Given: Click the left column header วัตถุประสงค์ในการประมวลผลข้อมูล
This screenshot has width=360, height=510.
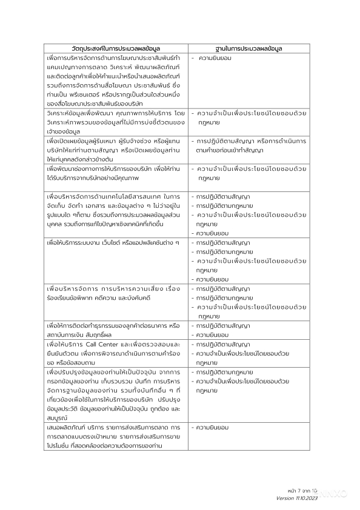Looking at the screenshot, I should [x=116, y=48].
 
